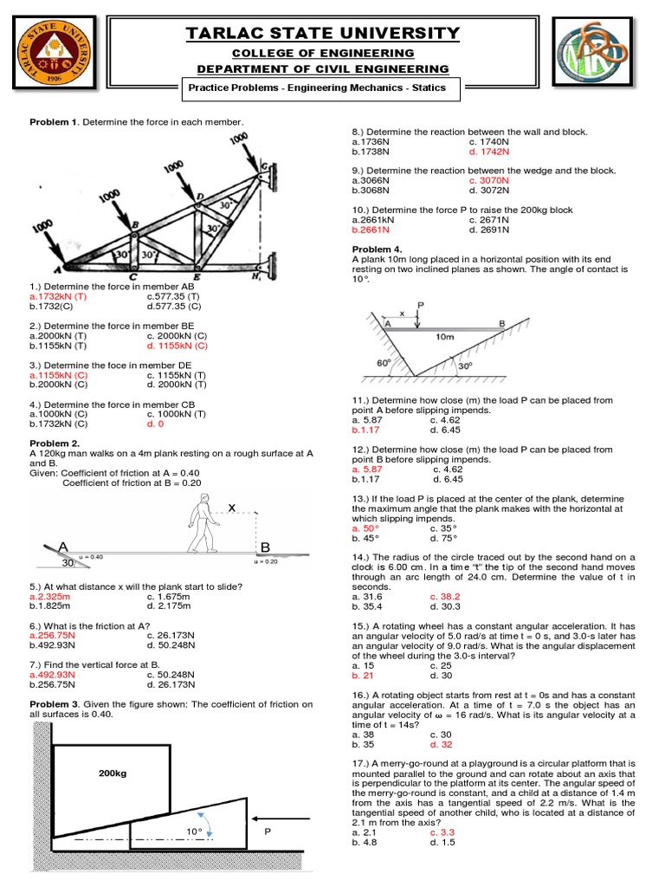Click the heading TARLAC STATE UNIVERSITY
point(323,34)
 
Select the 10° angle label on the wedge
point(193,832)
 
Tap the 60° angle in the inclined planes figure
point(384,362)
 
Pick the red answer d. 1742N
point(489,151)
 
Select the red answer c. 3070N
point(490,180)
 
